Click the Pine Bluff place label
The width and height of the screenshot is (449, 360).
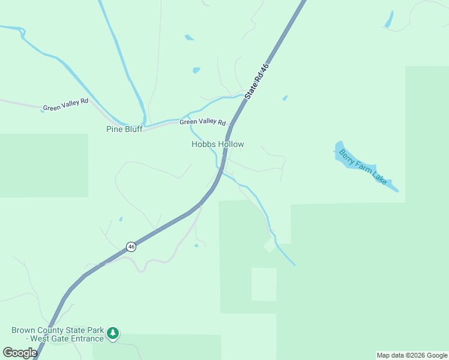124,129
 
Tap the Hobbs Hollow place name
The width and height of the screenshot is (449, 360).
217,145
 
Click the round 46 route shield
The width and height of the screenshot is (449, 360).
131,247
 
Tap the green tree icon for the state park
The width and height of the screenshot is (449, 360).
112,333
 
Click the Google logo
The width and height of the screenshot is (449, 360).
20,353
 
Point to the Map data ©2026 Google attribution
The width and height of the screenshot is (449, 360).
412,355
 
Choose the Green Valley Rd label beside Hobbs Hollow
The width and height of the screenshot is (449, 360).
202,122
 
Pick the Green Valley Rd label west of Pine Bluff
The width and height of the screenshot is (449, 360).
65,105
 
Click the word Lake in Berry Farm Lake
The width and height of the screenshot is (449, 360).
381,177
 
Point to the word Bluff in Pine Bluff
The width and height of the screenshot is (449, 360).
133,129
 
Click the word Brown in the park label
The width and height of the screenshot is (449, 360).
24,331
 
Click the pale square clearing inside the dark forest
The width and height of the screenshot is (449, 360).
264,284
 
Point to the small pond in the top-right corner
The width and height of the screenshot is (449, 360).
389,19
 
